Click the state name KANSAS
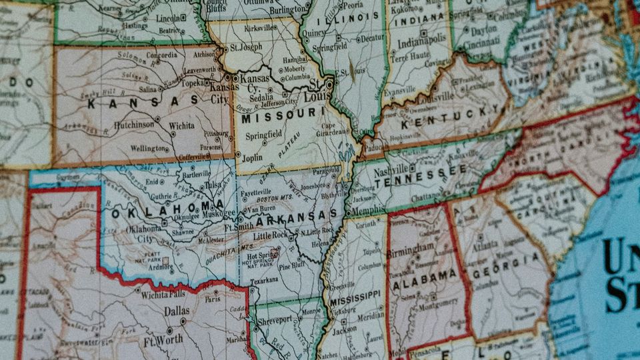(x=143, y=102)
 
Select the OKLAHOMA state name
(x=168, y=208)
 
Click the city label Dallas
(x=177, y=311)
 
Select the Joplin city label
(x=251, y=158)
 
